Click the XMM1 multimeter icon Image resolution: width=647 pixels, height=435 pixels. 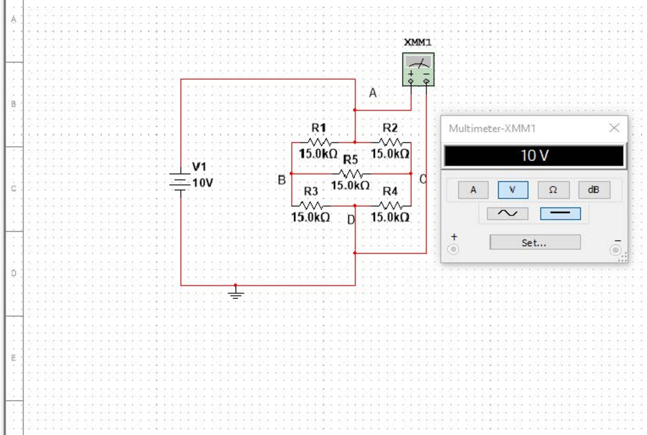pyautogui.click(x=418, y=69)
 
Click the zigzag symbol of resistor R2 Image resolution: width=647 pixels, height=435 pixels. pyautogui.click(x=390, y=142)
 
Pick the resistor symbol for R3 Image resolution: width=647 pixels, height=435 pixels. pyautogui.click(x=311, y=205)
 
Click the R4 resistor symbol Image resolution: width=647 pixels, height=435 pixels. pyautogui.click(x=390, y=205)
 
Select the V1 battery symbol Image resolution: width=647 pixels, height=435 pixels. pyautogui.click(x=181, y=181)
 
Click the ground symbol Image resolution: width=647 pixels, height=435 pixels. pyautogui.click(x=236, y=293)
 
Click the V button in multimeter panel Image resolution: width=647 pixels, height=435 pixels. pyautogui.click(x=513, y=190)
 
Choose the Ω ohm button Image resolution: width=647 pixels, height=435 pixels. pyautogui.click(x=553, y=190)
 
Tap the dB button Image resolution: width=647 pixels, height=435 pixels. pyautogui.click(x=594, y=190)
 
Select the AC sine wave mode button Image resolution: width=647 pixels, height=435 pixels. pyautogui.click(x=507, y=213)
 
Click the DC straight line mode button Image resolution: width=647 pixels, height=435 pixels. pyautogui.click(x=560, y=213)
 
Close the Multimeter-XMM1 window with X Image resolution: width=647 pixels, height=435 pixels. pyautogui.click(x=614, y=128)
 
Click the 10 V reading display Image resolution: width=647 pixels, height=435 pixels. pyautogui.click(x=534, y=156)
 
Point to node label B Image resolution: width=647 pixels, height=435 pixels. pyautogui.click(x=281, y=181)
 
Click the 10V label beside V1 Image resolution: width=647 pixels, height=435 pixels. pyautogui.click(x=203, y=183)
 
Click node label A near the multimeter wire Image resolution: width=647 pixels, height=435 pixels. pyautogui.click(x=373, y=93)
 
